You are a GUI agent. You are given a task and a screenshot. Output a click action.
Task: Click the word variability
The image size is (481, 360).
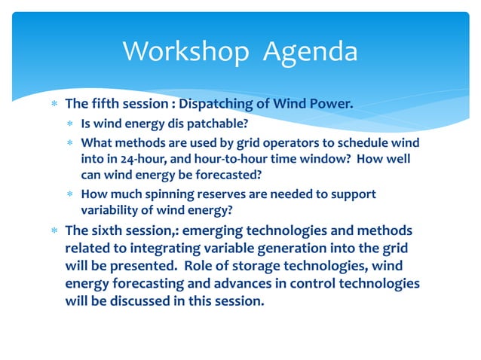click(109, 211)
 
